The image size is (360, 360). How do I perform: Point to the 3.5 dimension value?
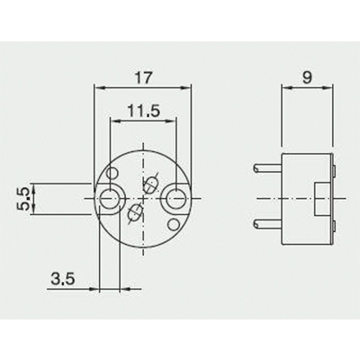click(62, 280)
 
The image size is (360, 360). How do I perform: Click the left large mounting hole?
click(111, 197)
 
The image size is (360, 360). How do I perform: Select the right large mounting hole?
click(176, 197)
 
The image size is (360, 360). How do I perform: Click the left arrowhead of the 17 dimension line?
click(98, 88)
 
